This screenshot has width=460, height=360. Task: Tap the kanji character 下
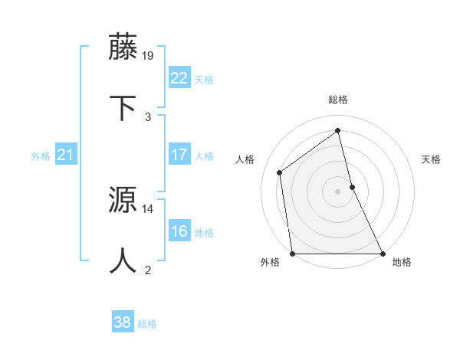click(x=123, y=108)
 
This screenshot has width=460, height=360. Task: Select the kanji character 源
click(x=123, y=200)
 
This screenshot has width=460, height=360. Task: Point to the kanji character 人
click(x=123, y=260)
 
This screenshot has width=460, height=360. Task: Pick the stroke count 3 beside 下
click(x=148, y=116)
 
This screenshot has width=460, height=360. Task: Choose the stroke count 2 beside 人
click(x=148, y=270)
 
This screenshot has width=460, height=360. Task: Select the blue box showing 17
click(x=179, y=155)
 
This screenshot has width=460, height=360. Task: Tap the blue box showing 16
click(x=179, y=231)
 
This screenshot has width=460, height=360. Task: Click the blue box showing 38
click(x=123, y=323)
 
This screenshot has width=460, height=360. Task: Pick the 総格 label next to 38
click(x=147, y=324)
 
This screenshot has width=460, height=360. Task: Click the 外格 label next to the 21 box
click(x=41, y=156)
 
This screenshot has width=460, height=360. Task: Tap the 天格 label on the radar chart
click(x=431, y=159)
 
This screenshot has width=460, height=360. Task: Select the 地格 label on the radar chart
click(x=402, y=262)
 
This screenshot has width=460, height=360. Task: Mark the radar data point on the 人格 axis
click(x=280, y=172)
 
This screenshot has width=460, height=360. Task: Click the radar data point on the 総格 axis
click(x=337, y=130)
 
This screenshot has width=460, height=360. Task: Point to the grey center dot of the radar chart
click(x=337, y=191)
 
